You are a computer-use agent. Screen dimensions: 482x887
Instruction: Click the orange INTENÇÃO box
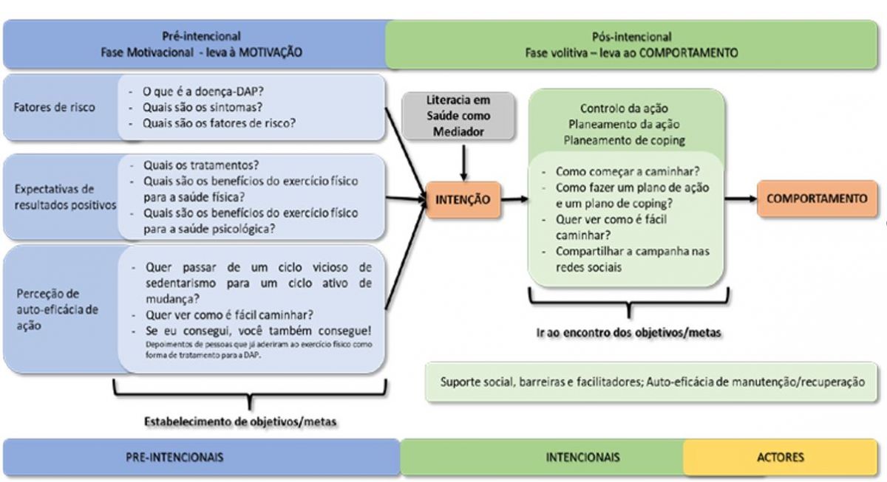point(463,199)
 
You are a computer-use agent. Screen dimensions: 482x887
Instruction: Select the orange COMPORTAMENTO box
point(817,199)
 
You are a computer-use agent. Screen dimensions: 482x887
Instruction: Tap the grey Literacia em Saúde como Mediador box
point(458,117)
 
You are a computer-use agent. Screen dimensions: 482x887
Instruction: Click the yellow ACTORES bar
point(781,457)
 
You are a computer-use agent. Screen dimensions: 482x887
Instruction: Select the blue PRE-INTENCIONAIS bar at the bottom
point(200,457)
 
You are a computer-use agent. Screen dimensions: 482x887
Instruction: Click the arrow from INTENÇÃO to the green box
point(514,199)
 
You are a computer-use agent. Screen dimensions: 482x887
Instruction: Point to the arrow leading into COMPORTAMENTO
point(740,199)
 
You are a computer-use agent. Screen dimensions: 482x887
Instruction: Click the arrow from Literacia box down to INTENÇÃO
point(462,163)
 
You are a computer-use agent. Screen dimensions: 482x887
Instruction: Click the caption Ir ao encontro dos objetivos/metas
point(628,332)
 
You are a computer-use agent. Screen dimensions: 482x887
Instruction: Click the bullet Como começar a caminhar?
point(627,171)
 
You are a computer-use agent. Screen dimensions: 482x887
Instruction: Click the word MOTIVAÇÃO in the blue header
point(271,52)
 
